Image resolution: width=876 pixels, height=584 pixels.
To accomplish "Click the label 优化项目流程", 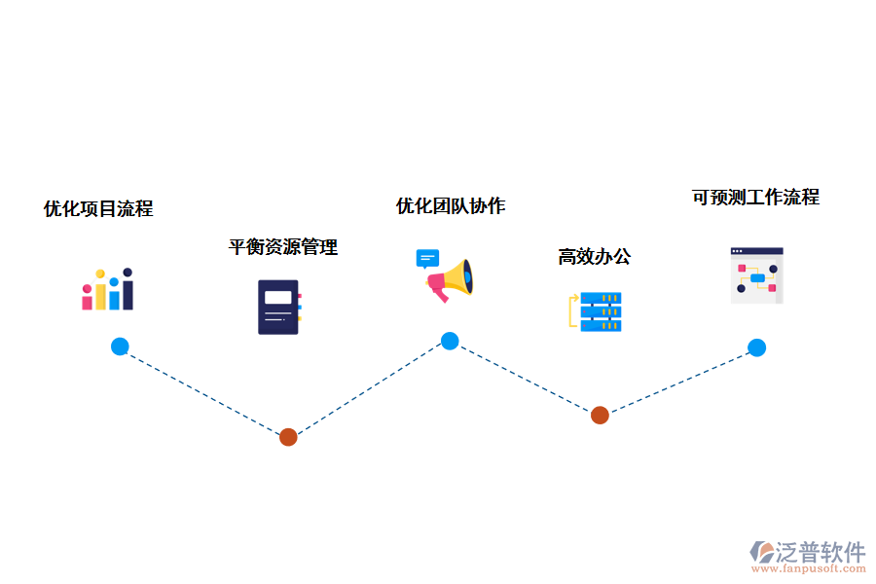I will [98, 208].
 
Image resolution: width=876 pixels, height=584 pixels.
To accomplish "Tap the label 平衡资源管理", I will [283, 247].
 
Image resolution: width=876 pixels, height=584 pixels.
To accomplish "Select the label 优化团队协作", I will [451, 206].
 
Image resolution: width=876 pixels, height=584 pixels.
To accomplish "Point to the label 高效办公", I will [594, 257].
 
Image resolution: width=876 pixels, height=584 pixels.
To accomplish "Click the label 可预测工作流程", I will [755, 198].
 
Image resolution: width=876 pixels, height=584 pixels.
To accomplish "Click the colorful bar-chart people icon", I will [107, 290].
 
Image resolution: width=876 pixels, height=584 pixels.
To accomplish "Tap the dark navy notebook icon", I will [278, 308].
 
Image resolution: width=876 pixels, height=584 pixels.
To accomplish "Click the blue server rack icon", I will [601, 311].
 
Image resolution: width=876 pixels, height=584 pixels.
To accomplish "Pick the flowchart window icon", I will [756, 275].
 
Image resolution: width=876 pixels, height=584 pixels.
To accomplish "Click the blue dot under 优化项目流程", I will [120, 347].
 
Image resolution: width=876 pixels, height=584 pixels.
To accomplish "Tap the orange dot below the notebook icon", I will [288, 437].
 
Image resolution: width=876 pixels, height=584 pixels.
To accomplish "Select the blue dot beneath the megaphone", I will [450, 341].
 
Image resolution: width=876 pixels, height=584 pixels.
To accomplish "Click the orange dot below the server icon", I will [600, 415].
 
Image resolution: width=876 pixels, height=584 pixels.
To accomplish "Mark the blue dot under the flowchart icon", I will [756, 347].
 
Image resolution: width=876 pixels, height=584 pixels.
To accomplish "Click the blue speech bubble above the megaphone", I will [427, 259].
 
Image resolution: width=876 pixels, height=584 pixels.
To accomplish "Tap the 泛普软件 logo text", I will [821, 552].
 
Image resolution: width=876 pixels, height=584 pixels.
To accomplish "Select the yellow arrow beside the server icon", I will [572, 310].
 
